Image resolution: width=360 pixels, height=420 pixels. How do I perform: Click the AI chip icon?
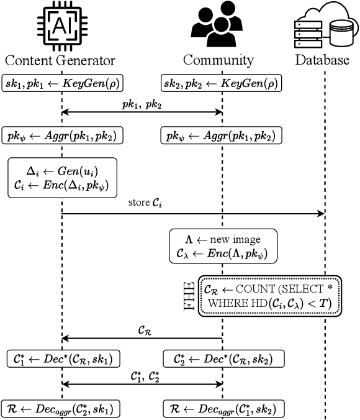click(x=61, y=26)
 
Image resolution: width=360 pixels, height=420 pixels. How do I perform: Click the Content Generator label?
click(x=60, y=60)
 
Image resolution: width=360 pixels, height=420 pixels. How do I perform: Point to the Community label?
click(x=218, y=60)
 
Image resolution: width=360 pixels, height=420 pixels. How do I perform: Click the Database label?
click(x=322, y=60)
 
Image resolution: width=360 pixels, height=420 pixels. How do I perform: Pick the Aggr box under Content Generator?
click(x=61, y=135)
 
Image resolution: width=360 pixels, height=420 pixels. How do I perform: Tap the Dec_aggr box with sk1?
click(x=61, y=408)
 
